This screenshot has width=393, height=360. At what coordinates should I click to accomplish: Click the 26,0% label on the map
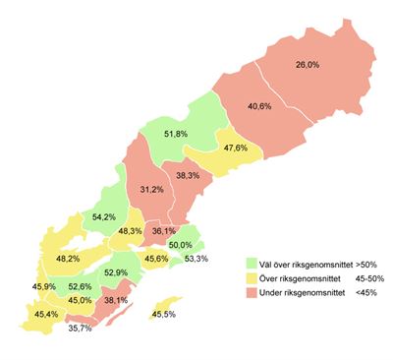pos(308,65)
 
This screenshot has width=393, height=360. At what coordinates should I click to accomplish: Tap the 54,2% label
pos(104,216)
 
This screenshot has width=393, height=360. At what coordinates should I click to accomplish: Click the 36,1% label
pos(164,231)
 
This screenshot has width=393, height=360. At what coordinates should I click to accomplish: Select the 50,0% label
pos(180,245)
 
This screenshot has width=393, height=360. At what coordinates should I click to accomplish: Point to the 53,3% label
pos(196,259)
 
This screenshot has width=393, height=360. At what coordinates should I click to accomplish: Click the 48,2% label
pos(68,259)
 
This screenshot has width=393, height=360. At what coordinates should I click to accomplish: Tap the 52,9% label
pos(115,272)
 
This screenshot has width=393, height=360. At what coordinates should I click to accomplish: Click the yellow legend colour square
pos(251,277)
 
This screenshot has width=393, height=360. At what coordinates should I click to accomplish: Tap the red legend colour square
pos(251,291)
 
